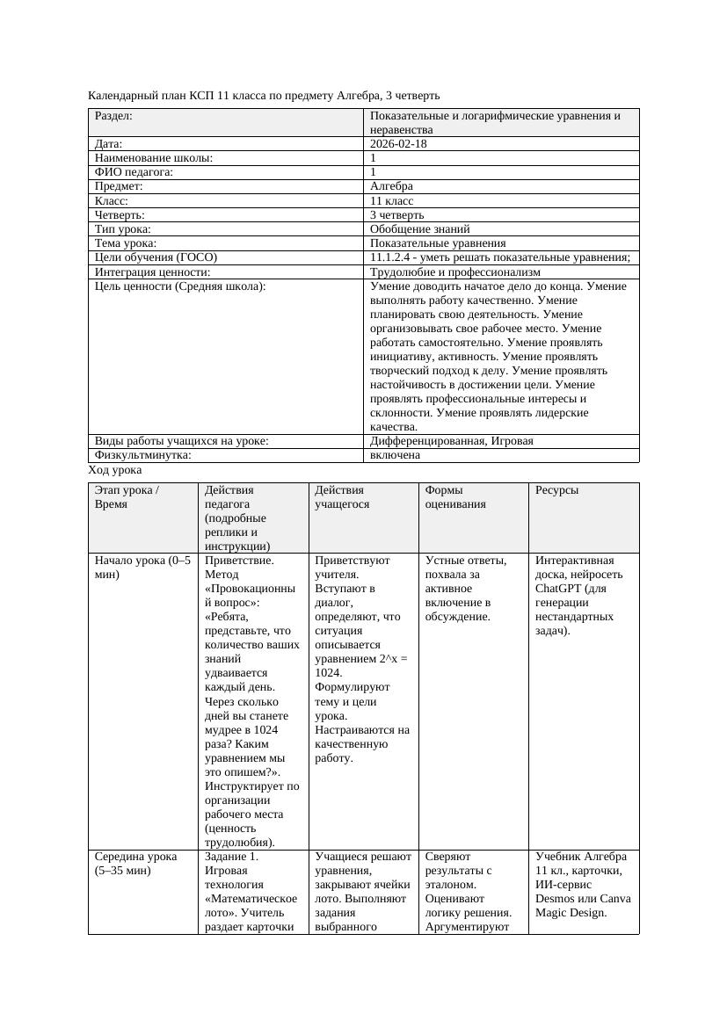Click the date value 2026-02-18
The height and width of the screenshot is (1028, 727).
[398, 143]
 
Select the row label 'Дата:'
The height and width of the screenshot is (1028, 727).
[108, 143]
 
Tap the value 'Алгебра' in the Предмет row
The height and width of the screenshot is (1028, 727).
[391, 186]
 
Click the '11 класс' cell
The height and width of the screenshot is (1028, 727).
[391, 200]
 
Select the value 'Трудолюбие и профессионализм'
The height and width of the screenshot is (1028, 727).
[454, 272]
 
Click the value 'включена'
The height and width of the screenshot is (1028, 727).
[395, 455]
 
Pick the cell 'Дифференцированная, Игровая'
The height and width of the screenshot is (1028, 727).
[451, 441]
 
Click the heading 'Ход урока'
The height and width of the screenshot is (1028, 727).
[115, 470]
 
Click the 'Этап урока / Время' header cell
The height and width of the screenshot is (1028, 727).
[127, 497]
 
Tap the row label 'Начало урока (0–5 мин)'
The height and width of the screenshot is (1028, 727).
[142, 568]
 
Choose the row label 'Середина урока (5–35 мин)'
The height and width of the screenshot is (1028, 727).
[136, 863]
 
